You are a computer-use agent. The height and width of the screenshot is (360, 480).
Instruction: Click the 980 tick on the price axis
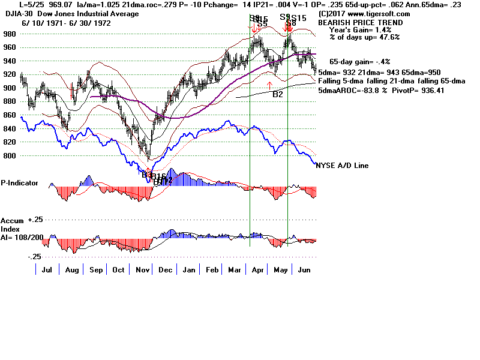[x=10, y=34]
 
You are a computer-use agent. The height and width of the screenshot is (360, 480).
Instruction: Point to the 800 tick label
[x=10, y=156]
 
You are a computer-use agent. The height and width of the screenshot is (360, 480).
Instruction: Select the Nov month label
[x=142, y=271]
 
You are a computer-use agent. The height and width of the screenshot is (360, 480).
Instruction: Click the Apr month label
[x=258, y=271]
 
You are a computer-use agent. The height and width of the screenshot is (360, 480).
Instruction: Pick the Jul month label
[x=46, y=271]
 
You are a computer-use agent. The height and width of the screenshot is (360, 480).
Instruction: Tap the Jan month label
[x=188, y=271]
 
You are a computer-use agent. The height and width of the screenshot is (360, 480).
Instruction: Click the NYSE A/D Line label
[x=342, y=166]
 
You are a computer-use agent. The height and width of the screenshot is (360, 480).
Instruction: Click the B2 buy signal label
[x=278, y=94]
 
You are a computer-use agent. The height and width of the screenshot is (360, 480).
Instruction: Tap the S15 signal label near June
[x=299, y=19]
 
